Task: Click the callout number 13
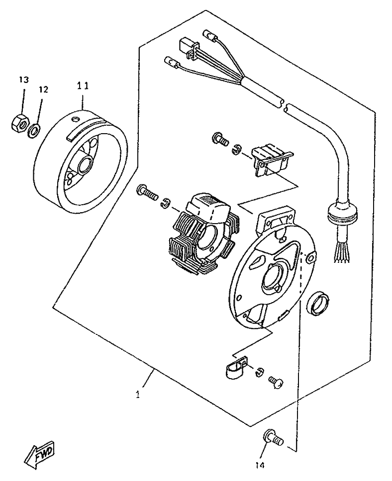pyautogui.click(x=24, y=80)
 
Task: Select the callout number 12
pyautogui.click(x=43, y=89)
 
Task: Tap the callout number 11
pyautogui.click(x=82, y=86)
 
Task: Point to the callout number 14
pyautogui.click(x=260, y=466)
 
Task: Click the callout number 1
pyautogui.click(x=138, y=395)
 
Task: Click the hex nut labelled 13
pyautogui.click(x=19, y=123)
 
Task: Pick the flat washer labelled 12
pyautogui.click(x=33, y=130)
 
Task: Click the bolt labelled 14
pyautogui.click(x=273, y=438)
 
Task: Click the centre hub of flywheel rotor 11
pyautogui.click(x=85, y=164)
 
